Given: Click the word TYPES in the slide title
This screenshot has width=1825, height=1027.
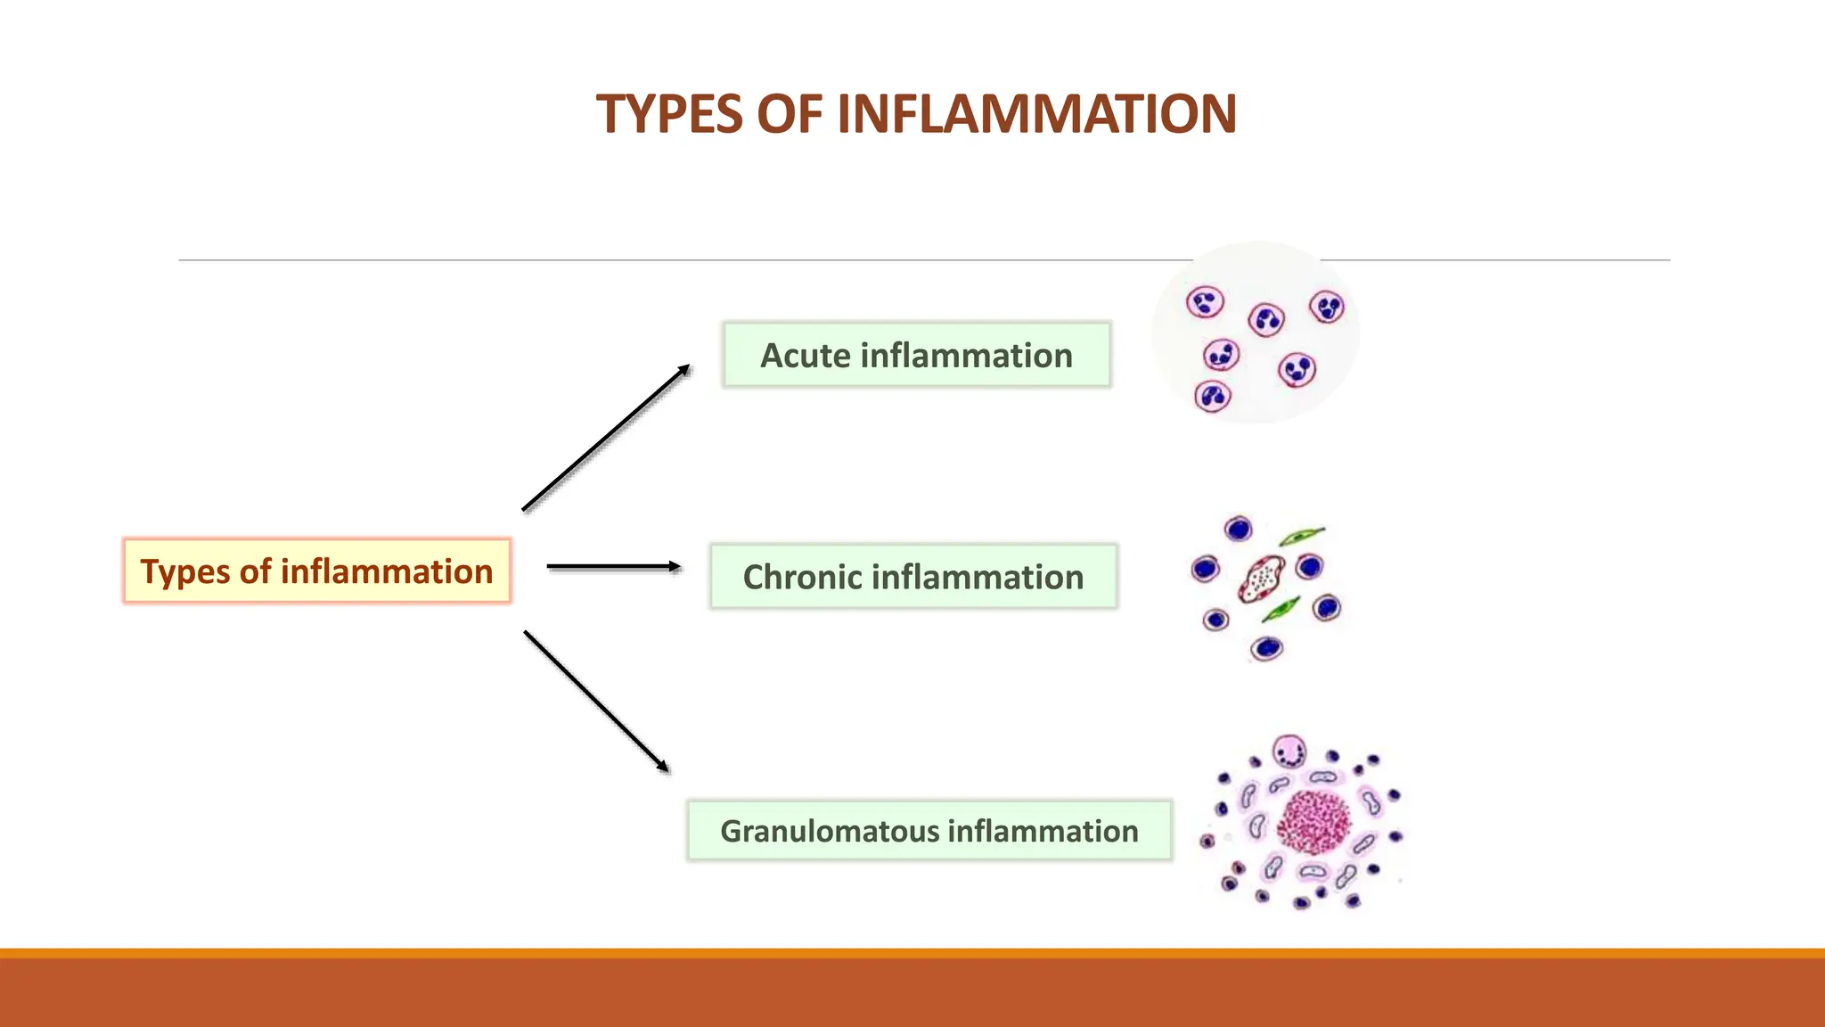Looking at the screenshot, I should (671, 115).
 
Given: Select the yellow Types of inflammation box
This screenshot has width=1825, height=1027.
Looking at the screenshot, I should (316, 571).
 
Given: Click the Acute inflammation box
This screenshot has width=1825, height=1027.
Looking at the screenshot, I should (916, 355).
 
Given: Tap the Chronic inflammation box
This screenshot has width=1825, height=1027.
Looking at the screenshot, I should (913, 577).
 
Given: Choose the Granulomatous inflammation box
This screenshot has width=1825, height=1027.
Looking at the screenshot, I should (929, 831).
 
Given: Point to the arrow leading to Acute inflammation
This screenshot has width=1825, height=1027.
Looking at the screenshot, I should (606, 438).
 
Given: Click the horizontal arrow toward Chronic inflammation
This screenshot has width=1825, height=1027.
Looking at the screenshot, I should (613, 566).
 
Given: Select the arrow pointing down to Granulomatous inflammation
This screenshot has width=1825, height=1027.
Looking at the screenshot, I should (596, 701).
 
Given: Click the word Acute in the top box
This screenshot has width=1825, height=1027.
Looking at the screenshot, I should (805, 356).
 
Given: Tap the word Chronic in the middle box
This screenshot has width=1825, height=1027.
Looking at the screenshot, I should (801, 578).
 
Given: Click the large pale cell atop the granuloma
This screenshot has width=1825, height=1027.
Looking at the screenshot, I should (1289, 752).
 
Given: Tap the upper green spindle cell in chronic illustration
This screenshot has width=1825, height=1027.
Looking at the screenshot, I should (1301, 536).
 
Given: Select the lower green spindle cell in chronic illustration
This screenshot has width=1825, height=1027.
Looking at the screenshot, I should (1281, 610).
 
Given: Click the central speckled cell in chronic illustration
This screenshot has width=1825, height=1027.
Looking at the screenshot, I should (1261, 579).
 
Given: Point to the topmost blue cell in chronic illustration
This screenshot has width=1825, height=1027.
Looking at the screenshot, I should (1238, 530).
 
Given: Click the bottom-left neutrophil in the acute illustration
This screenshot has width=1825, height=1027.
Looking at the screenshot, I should (1212, 396).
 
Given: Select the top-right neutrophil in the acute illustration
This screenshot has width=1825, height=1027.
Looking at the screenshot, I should (1327, 308).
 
